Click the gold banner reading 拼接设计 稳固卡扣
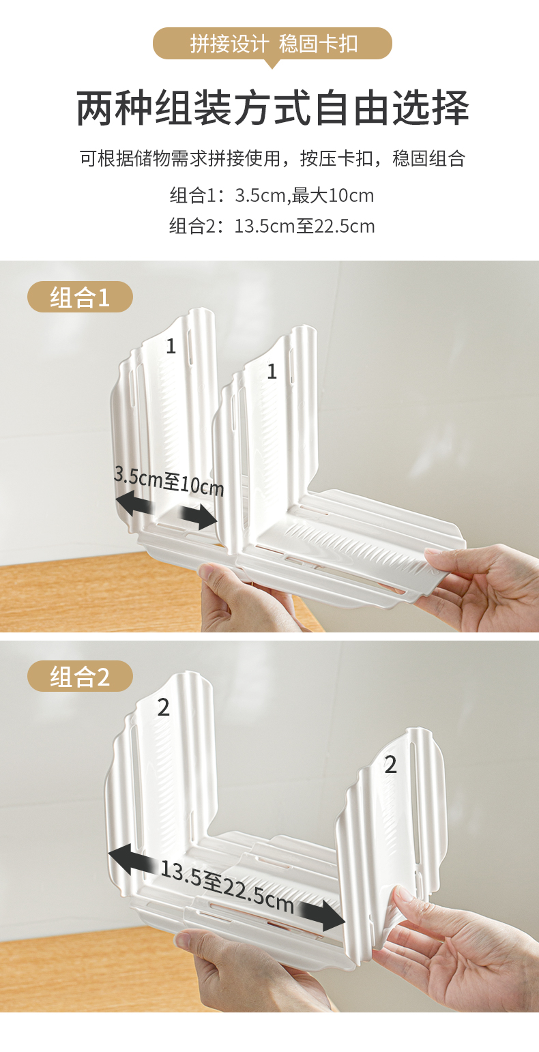click(x=272, y=44)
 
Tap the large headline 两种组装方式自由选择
click(x=272, y=108)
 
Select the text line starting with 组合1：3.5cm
click(x=272, y=195)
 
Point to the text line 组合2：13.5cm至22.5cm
click(x=272, y=227)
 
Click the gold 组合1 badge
click(x=81, y=297)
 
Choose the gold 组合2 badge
click(x=81, y=676)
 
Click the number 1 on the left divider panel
click(x=171, y=347)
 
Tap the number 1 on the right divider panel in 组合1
click(x=272, y=372)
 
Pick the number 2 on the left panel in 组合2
click(x=163, y=707)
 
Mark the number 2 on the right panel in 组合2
click(x=391, y=765)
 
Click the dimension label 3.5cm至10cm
click(x=169, y=482)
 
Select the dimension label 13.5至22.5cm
click(x=227, y=886)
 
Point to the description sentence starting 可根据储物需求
click(x=272, y=158)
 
